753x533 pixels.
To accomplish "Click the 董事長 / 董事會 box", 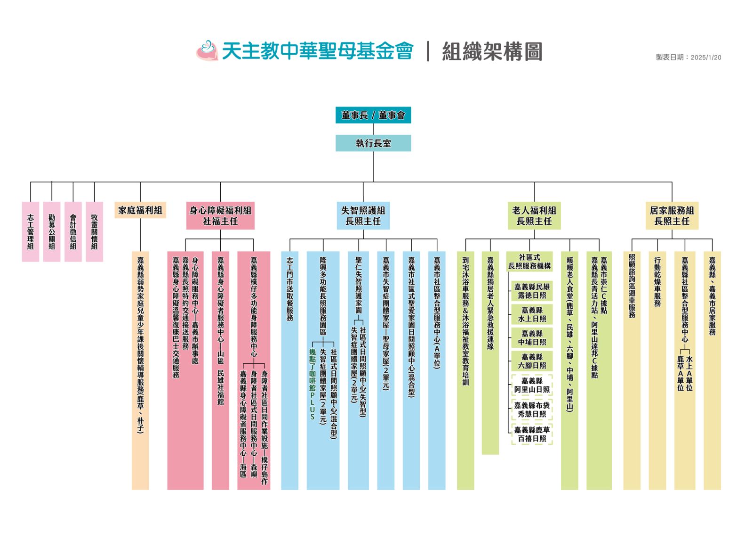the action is click(373, 115).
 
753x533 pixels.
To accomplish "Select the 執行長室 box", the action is click(373, 143).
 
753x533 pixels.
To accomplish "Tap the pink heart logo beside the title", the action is click(207, 51).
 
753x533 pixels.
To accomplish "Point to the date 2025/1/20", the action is click(706, 57).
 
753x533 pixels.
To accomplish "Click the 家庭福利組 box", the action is click(140, 210).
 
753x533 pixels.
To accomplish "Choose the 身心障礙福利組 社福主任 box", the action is click(220, 215).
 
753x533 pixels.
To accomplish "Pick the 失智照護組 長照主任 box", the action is click(363, 215).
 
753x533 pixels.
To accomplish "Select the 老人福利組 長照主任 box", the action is click(534, 215).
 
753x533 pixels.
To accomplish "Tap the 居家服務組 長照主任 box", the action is click(672, 215).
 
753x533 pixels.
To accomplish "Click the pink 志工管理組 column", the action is click(31, 232).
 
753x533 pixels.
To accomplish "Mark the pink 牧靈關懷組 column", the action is click(95, 232).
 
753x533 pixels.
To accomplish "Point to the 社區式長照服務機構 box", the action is click(529, 261).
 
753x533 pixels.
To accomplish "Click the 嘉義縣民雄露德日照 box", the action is click(532, 291).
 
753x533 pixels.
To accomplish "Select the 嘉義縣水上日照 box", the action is click(532, 314).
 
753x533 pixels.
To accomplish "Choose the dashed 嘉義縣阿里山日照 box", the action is click(532, 385).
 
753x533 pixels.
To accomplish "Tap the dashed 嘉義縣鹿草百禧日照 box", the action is click(532, 434).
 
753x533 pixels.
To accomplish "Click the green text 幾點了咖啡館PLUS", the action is click(312, 384).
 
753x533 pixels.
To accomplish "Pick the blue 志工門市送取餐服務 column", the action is click(290, 370).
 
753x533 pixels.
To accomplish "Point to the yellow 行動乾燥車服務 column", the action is click(657, 370).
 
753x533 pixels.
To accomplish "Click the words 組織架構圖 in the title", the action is click(492, 51).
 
